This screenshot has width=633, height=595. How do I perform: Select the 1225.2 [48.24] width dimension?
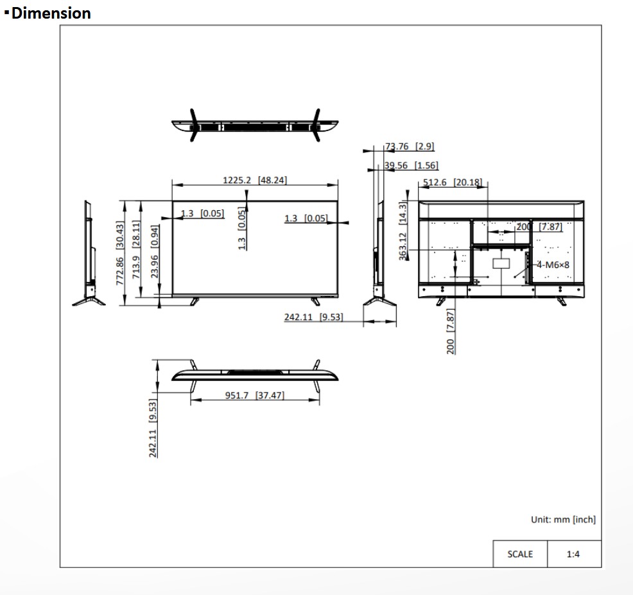[255, 180]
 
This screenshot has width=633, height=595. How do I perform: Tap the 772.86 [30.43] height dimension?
[120, 253]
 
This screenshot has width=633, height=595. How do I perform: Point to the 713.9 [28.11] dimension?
[136, 249]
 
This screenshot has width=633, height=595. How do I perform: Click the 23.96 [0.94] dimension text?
[155, 251]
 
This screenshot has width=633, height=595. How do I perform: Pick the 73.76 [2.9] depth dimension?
[410, 147]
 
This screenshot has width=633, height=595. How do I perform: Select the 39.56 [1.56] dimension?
[411, 165]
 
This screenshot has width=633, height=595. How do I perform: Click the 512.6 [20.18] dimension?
[453, 182]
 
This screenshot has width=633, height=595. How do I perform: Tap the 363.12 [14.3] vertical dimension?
[403, 231]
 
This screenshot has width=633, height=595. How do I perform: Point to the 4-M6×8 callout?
[553, 265]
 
